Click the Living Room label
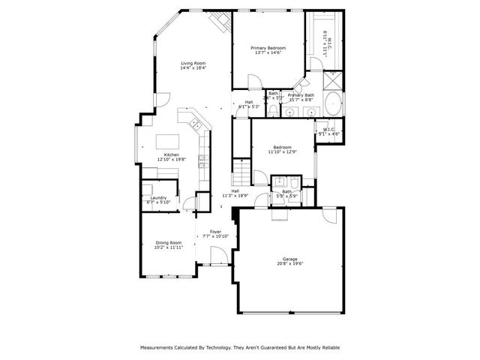pos(193,63)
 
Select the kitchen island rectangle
pos(166,140)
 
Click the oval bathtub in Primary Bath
pos(332,103)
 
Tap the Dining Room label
pos(168,242)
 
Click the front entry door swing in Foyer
pos(219,257)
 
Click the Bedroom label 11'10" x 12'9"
pos(282,147)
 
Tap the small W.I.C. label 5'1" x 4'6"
pos(328,133)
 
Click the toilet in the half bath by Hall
pos(274,112)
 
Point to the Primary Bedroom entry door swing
pos(255,82)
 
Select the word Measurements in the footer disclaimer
pos(160,348)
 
